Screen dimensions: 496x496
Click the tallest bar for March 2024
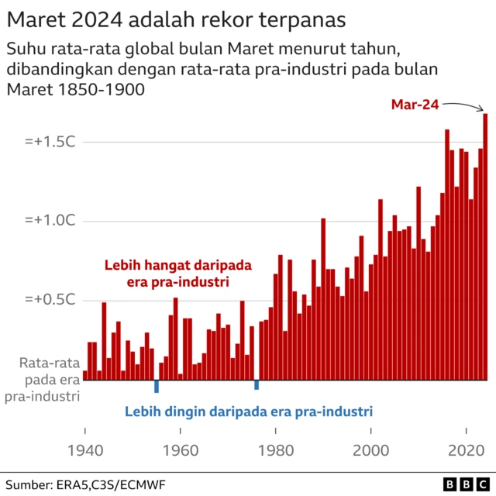coord(485,248)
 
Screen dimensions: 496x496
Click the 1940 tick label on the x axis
coord(84,450)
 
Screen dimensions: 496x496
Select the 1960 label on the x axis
coord(180,450)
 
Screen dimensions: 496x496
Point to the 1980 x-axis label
coord(276,450)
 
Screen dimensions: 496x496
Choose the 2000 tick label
coord(371,450)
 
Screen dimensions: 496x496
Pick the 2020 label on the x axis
coord(467,450)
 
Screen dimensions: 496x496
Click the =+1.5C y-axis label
coord(48,143)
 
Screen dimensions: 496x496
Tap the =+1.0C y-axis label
coord(48,222)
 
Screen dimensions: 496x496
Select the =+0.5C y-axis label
coord(48,300)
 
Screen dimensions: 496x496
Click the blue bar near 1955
coord(157,386)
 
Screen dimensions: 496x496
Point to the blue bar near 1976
coord(257,384)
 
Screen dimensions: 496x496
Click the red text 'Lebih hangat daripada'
coord(178,265)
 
